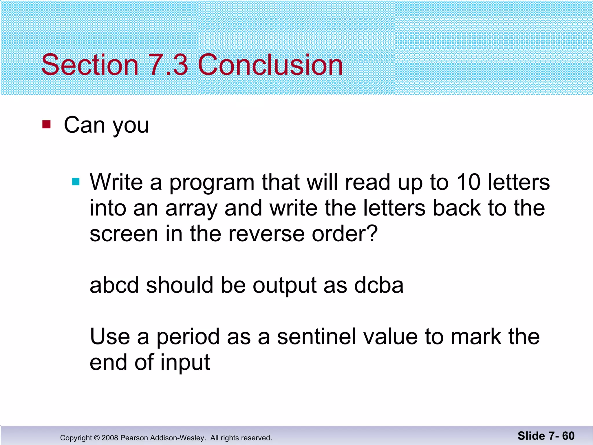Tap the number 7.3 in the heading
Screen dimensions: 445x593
[169, 65]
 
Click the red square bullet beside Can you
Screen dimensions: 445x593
[46, 125]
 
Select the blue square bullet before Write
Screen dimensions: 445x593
[76, 182]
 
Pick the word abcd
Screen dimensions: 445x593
[114, 285]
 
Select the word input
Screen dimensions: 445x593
[185, 363]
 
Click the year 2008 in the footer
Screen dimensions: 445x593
[110, 438]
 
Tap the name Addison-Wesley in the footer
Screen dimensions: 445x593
[176, 438]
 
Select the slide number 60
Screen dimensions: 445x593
[568, 436]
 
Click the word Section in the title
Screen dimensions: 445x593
[90, 65]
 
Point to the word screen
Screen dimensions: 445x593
[124, 234]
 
